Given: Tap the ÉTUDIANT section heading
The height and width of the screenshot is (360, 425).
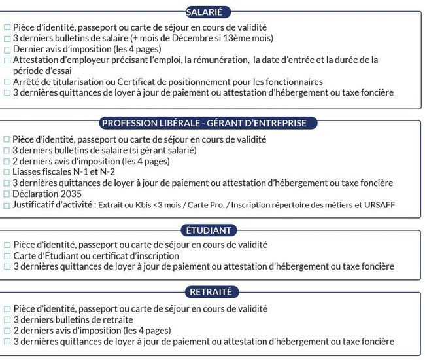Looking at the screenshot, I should pyautogui.click(x=209, y=230).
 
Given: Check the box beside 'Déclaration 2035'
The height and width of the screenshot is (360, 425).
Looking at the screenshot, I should pyautogui.click(x=7, y=194).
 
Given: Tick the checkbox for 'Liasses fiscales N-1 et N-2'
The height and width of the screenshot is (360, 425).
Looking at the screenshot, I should pyautogui.click(x=7, y=172).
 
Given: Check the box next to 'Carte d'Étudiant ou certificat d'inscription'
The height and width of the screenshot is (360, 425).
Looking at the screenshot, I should pyautogui.click(x=7, y=256).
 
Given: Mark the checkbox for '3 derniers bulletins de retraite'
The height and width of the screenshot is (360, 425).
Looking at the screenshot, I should pyautogui.click(x=7, y=320).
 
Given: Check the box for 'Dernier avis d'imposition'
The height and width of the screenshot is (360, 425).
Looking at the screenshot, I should pyautogui.click(x=7, y=49).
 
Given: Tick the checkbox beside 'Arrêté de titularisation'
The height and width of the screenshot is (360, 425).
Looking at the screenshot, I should pyautogui.click(x=7, y=82).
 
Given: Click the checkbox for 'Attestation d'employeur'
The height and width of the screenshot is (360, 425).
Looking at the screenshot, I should pyautogui.click(x=7, y=60).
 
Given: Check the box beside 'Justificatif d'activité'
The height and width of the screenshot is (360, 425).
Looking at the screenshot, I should pyautogui.click(x=7, y=206).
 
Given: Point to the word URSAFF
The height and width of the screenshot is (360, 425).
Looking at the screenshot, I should pyautogui.click(x=379, y=206).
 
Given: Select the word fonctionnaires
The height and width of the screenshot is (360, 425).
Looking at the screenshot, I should pyautogui.click(x=292, y=82).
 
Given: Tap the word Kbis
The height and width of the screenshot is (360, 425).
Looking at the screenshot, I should pyautogui.click(x=154, y=206).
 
